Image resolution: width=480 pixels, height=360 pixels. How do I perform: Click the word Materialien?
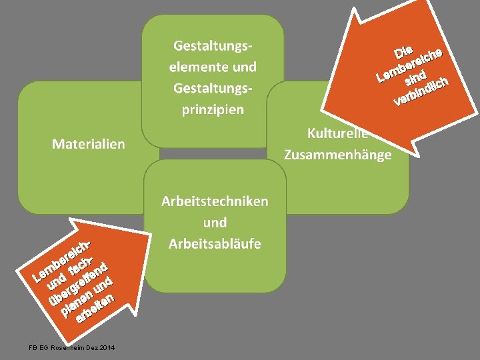pos(88,143)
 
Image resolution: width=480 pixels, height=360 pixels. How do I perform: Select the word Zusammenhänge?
pos(337,155)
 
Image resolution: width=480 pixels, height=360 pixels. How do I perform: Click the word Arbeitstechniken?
pos(215,201)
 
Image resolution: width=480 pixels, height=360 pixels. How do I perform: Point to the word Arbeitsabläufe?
pos(215,244)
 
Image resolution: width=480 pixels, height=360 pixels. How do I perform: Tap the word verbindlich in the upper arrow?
pos(424,92)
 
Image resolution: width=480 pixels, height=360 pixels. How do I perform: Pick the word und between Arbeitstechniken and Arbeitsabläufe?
pos(215,223)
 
